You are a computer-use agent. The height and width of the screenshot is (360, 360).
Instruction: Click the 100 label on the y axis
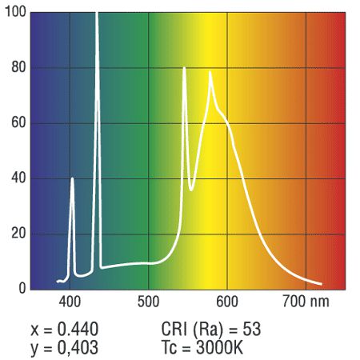[x=15, y=12]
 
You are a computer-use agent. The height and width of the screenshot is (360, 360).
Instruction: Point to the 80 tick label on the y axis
[x=18, y=67]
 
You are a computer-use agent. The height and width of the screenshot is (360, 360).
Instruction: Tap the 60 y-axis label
[x=18, y=122]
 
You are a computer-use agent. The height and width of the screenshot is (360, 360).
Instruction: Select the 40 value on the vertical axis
[x=18, y=178]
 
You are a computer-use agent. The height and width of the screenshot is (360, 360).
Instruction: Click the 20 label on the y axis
[x=18, y=234]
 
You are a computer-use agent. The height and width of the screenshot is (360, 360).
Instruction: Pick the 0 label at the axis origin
[x=22, y=288]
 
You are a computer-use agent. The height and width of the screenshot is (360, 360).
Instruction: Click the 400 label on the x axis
[x=70, y=302]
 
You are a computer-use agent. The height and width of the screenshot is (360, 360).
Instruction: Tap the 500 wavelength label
[x=148, y=302]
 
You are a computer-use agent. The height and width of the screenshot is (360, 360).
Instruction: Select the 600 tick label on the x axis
[x=227, y=302]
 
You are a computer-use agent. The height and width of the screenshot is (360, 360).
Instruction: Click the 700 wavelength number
[x=294, y=302]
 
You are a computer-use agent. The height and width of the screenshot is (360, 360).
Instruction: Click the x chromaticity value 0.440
[x=78, y=329]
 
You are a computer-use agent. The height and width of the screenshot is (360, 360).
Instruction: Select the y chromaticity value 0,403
[x=78, y=348]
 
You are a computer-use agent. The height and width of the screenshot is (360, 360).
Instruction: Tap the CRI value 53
[x=251, y=329]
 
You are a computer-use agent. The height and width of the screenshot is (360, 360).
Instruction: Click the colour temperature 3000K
[x=219, y=347]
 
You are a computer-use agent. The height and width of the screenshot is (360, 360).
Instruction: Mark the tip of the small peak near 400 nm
[x=72, y=178]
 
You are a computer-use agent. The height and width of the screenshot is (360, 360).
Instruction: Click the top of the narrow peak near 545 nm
[x=184, y=68]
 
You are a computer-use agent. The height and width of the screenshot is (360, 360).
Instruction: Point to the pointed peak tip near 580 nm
[x=210, y=71]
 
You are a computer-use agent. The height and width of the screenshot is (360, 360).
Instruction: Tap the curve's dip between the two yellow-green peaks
[x=191, y=190]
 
